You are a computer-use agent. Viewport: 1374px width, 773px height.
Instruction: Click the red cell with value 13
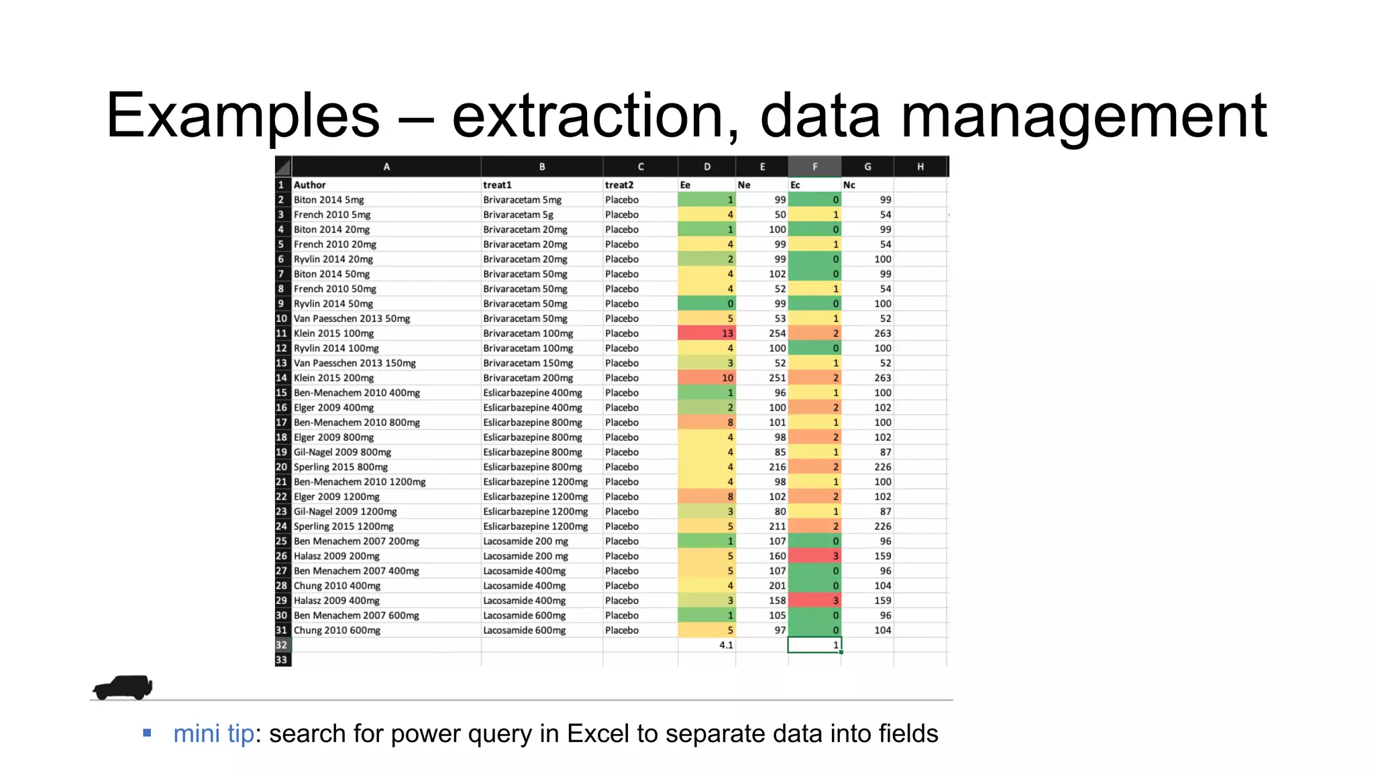click(x=706, y=333)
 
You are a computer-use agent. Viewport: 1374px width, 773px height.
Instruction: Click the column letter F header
click(x=814, y=166)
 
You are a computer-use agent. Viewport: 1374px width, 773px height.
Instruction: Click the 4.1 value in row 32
click(x=726, y=646)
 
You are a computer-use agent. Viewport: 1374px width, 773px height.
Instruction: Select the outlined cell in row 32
click(x=814, y=646)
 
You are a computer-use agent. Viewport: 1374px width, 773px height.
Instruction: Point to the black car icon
click(x=123, y=687)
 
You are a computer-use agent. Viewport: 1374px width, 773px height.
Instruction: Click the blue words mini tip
click(x=213, y=734)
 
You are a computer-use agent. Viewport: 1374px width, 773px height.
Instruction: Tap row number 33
click(x=282, y=660)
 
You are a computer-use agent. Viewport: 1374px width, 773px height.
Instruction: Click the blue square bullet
click(x=147, y=733)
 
